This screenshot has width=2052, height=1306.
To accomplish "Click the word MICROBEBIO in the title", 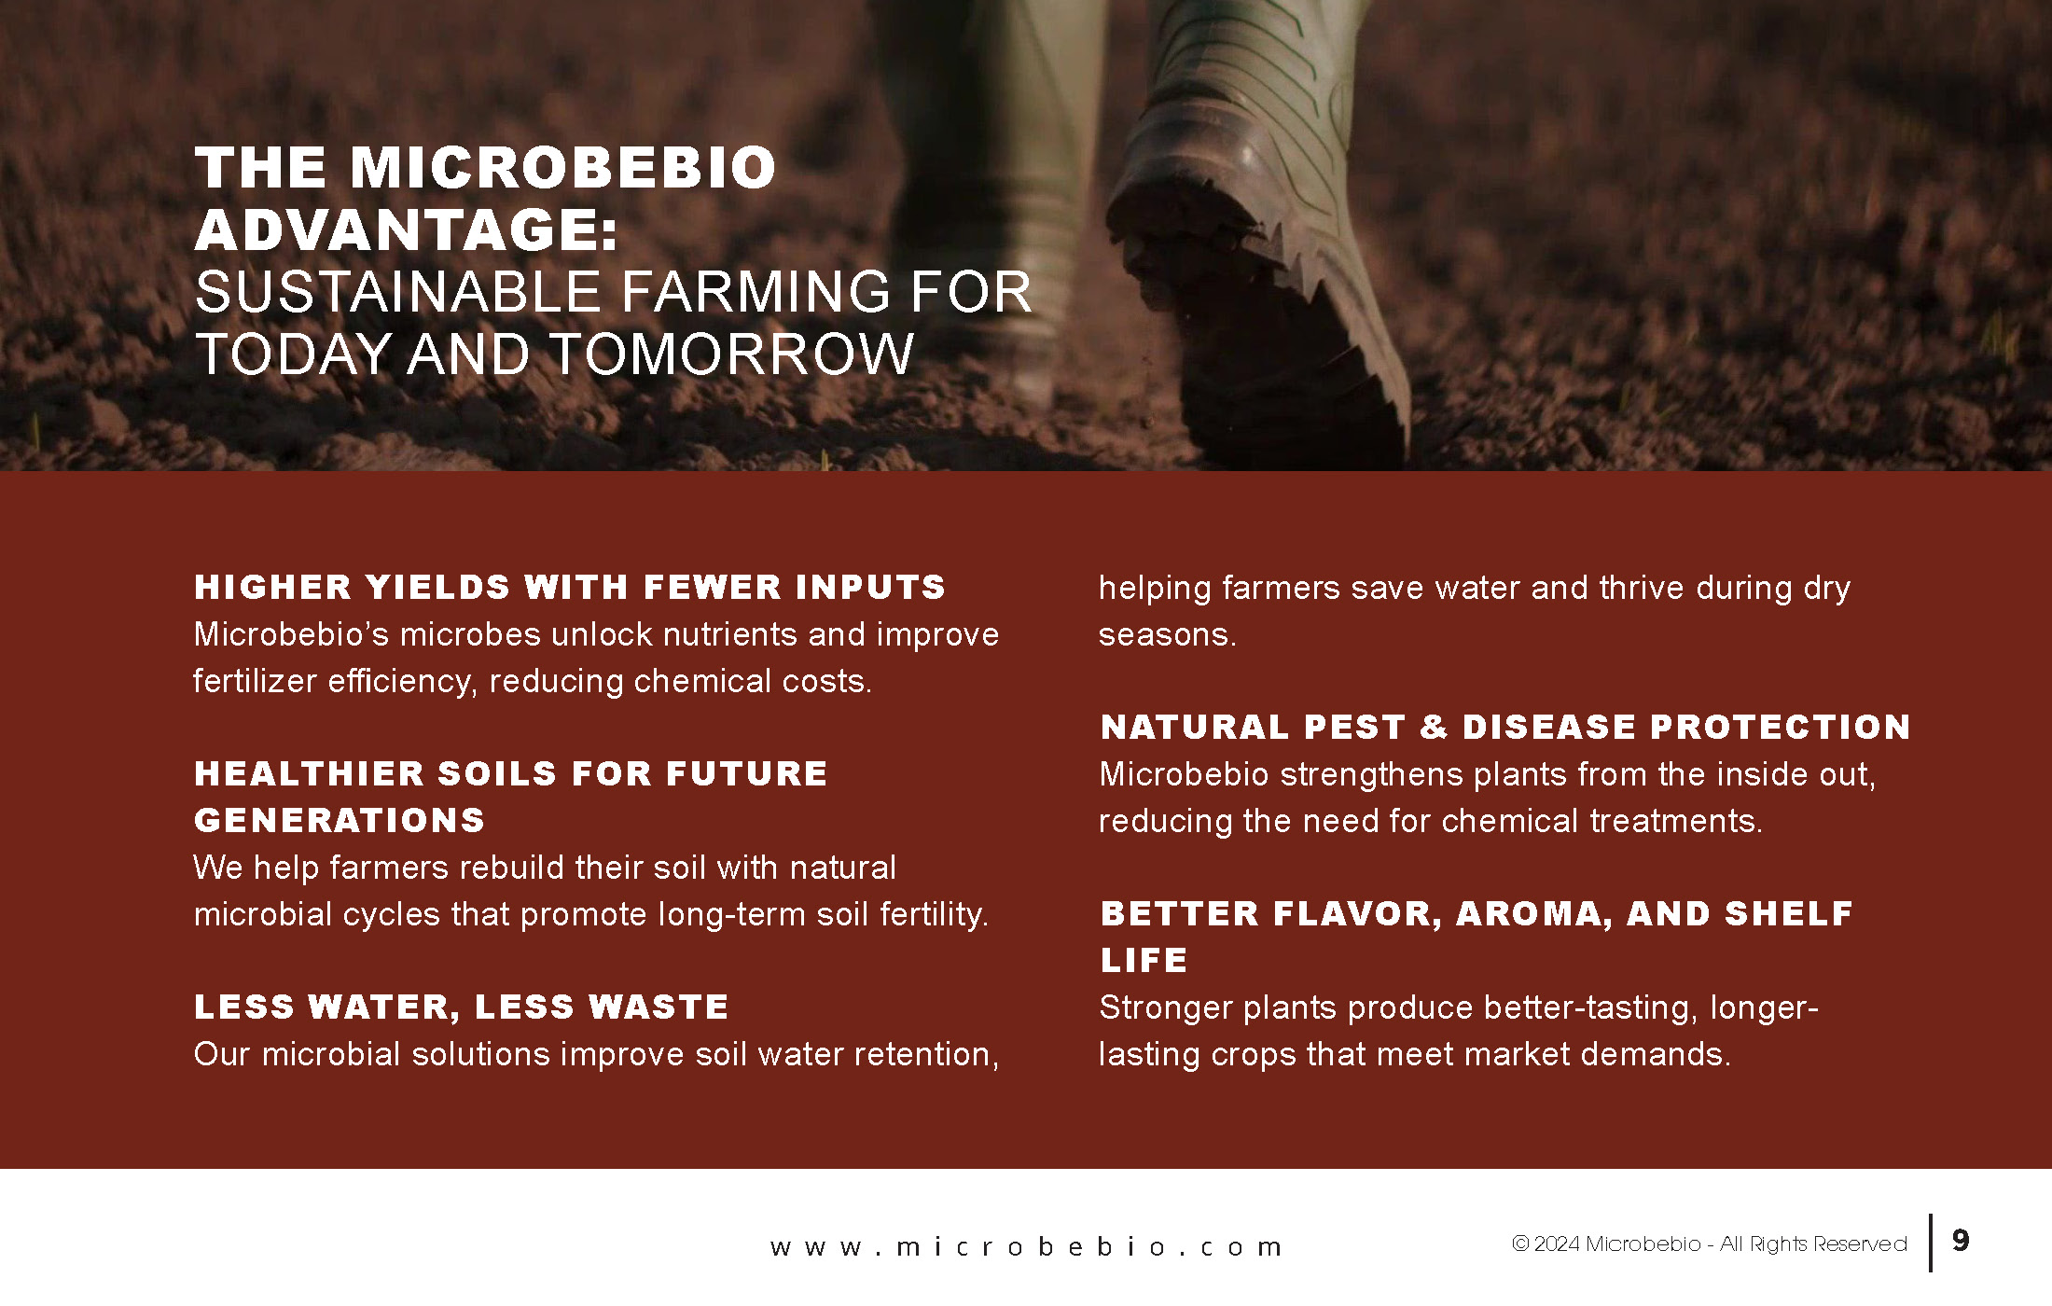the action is (x=562, y=168).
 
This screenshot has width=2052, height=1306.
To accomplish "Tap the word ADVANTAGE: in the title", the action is (x=407, y=229).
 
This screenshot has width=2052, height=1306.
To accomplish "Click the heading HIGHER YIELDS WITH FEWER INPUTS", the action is (x=570, y=587).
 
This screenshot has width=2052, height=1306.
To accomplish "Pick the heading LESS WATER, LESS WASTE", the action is (x=461, y=1007).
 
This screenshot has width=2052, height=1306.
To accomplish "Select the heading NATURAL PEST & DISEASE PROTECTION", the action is (x=1505, y=727).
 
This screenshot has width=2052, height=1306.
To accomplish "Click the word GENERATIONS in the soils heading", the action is (x=340, y=820).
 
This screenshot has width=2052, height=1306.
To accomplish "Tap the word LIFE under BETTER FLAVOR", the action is (x=1144, y=960).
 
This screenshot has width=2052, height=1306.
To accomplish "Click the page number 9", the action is (x=1961, y=1240).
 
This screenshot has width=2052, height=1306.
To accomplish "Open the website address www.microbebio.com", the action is (x=1026, y=1247).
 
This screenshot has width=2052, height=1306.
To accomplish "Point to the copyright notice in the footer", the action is (x=1709, y=1243).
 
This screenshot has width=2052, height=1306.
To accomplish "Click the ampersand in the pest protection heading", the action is (x=1434, y=727).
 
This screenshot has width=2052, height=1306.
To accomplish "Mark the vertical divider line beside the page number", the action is (x=1930, y=1242).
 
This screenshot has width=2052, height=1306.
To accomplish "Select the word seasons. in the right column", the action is (x=1167, y=634).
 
